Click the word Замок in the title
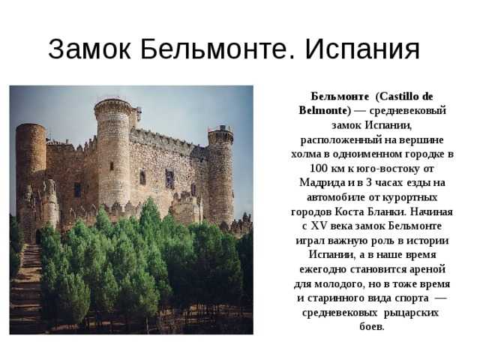click(x=90, y=49)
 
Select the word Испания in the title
click(x=362, y=49)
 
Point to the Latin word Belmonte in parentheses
click(x=323, y=110)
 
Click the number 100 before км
click(x=319, y=168)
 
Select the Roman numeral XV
click(x=318, y=226)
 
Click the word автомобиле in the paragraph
click(x=336, y=197)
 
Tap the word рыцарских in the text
click(x=411, y=313)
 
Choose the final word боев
click(x=372, y=327)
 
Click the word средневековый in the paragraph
click(x=408, y=111)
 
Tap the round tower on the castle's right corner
click(x=220, y=175)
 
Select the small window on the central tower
click(x=112, y=166)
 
